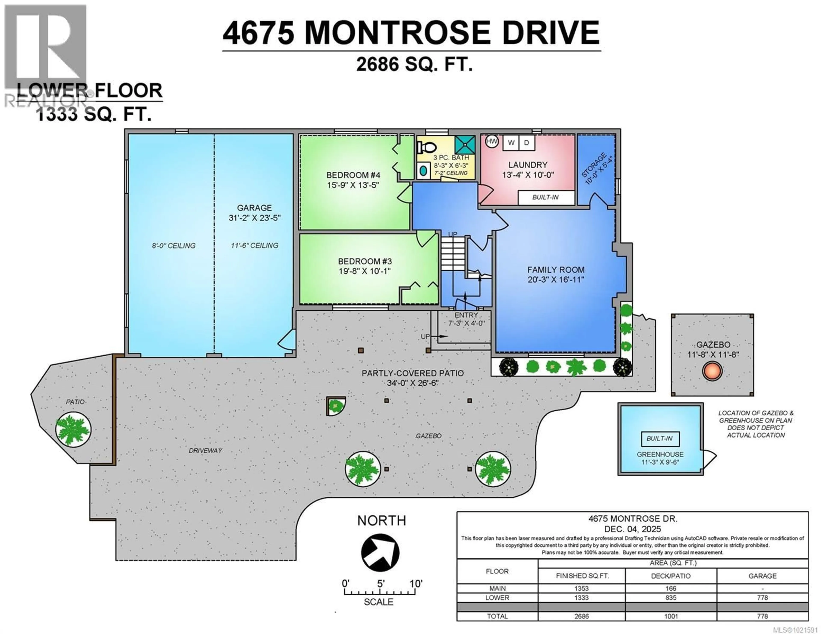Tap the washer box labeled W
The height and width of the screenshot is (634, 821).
tap(511, 143)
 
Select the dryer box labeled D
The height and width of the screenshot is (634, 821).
tap(527, 143)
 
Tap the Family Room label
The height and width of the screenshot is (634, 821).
tap(556, 270)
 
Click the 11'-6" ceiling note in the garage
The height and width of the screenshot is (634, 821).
tap(254, 245)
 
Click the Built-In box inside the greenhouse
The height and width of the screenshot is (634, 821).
tap(660, 438)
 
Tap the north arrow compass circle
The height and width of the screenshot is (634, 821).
tap(380, 552)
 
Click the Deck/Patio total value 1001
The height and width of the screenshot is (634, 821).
tap(671, 616)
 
